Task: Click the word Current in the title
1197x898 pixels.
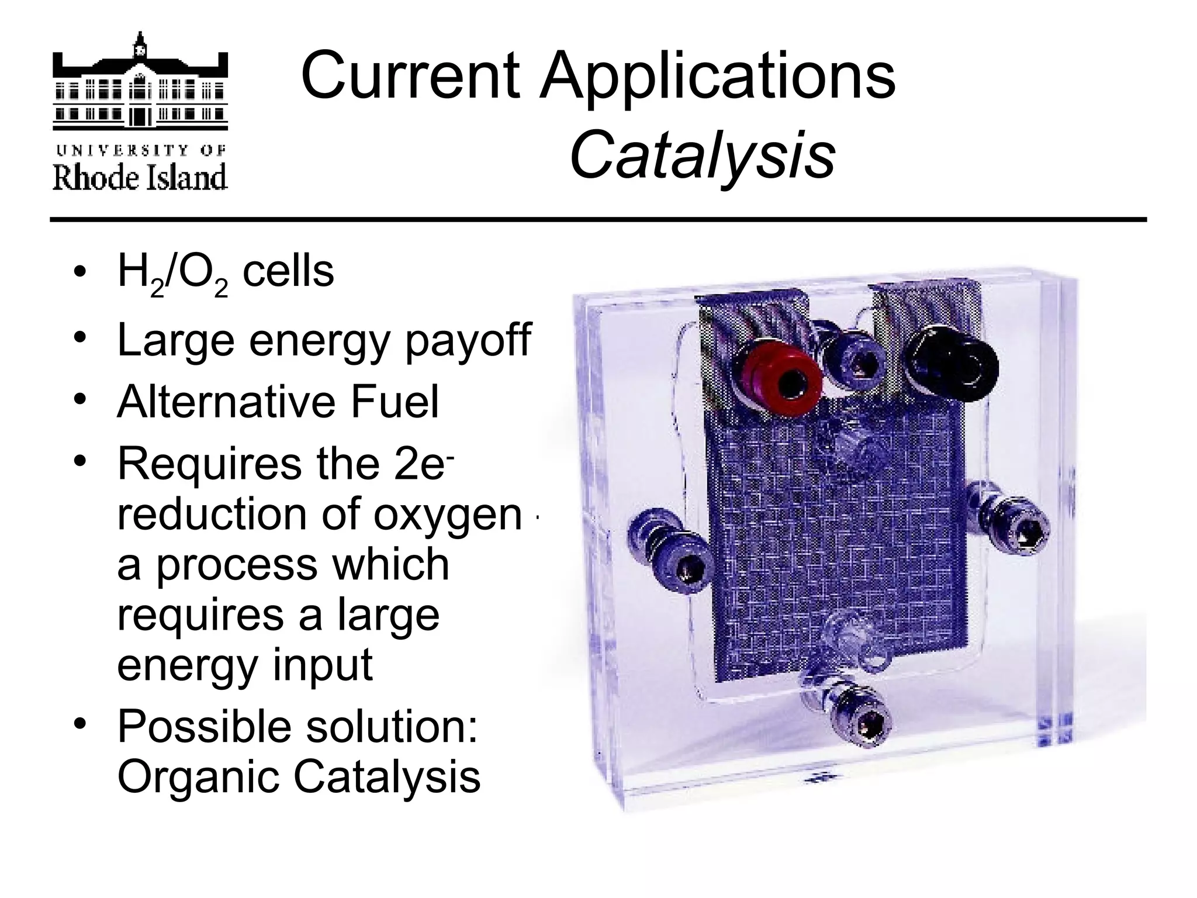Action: (x=410, y=75)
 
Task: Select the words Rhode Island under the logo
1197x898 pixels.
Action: (x=140, y=177)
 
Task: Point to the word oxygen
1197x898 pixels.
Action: (x=447, y=515)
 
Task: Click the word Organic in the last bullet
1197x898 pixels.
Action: (x=199, y=777)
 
